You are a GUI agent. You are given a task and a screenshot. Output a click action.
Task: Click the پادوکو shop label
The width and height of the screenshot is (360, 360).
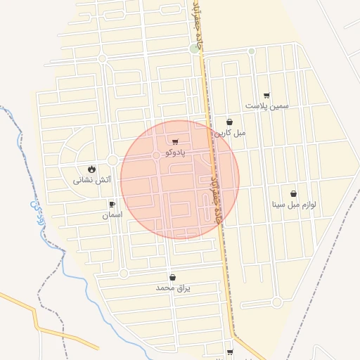click(x=174, y=152)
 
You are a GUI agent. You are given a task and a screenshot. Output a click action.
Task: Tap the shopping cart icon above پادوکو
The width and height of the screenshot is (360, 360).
click(x=175, y=141)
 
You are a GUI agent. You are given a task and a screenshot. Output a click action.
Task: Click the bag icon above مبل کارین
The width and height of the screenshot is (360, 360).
click(x=230, y=122)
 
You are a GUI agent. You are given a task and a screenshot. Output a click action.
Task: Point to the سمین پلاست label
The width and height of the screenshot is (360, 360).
click(x=266, y=105)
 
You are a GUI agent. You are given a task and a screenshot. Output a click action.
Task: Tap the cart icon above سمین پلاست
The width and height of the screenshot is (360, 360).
click(x=266, y=96)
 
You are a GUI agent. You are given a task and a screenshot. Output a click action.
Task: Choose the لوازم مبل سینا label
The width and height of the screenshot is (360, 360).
click(x=294, y=205)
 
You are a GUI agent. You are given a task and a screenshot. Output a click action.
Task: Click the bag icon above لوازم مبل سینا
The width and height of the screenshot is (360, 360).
click(x=293, y=194)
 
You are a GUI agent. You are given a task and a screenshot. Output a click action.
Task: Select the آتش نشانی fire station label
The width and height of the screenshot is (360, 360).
click(x=92, y=180)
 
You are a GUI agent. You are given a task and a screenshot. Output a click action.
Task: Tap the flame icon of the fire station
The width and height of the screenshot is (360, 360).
click(x=92, y=169)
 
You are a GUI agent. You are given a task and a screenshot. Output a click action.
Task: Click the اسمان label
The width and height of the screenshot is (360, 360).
click(x=112, y=214)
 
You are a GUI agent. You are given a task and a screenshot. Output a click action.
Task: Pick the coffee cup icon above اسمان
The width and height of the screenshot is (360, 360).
click(x=112, y=204)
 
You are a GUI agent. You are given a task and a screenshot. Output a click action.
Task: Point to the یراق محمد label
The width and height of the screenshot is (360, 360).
click(x=173, y=288)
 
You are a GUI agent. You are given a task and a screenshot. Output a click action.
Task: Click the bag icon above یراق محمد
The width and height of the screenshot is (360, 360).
click(x=172, y=277)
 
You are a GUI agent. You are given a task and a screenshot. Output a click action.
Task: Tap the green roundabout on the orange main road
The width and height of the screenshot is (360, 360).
click(x=195, y=49)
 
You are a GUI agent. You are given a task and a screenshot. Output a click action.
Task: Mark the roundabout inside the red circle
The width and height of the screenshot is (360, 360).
click(x=156, y=155)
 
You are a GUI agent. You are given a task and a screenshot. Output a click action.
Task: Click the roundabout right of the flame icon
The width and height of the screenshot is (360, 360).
click(x=112, y=161)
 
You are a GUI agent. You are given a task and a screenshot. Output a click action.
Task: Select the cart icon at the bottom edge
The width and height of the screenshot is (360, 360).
click(x=230, y=352)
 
